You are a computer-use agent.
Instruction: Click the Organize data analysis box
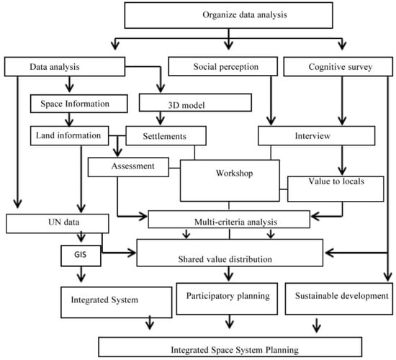(228, 15)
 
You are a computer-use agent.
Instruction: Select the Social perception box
(223, 66)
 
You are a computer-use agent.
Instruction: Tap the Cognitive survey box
(338, 66)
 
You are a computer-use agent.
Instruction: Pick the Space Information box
(78, 104)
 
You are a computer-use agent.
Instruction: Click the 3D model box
(195, 102)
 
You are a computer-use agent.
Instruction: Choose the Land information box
(69, 135)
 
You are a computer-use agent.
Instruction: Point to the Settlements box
(166, 135)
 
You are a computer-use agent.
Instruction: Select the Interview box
(317, 135)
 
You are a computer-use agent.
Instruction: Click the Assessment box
(128, 167)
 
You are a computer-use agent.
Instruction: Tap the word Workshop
(234, 174)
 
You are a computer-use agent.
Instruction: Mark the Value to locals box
(336, 189)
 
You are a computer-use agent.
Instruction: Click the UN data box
(58, 224)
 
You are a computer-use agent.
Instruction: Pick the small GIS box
(81, 256)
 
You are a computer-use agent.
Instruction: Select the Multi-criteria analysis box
(229, 220)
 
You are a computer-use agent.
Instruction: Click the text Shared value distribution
(225, 259)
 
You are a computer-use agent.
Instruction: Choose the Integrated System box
(117, 302)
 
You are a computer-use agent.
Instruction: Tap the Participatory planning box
(227, 299)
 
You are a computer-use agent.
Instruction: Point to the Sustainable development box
(339, 299)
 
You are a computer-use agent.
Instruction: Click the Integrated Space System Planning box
(230, 347)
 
